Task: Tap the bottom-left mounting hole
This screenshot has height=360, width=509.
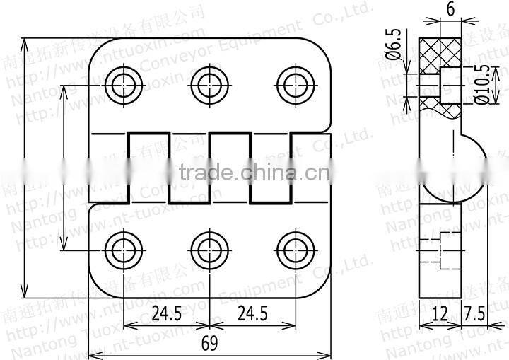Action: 123,250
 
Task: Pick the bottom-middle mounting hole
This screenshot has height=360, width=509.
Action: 208,250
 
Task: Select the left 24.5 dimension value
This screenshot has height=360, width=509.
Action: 166,313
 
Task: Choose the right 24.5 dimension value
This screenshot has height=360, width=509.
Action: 252,313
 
